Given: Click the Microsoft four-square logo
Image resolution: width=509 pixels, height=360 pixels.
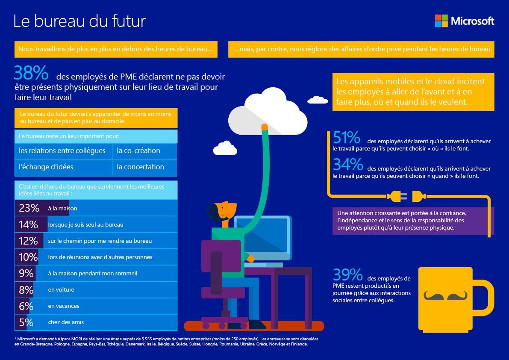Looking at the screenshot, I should point(441,21).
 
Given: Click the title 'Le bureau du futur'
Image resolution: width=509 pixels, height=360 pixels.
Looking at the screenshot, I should point(80,21).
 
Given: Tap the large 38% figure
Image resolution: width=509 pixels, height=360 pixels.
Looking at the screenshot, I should point(31,74).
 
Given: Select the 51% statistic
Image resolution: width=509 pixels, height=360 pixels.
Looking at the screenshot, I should point(347,138).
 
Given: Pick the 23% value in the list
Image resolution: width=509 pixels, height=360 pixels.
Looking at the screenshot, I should point(29,208).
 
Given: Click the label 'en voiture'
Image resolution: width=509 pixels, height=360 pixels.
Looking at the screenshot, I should point(61,290).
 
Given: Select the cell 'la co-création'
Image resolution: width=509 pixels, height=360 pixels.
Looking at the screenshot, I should point(138,150).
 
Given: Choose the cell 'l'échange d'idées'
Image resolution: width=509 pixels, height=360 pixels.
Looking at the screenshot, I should point(46,167).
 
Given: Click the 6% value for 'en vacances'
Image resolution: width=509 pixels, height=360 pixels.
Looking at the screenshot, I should point(26,306).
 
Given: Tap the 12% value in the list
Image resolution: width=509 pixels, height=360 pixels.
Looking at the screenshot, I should point(29,241).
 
